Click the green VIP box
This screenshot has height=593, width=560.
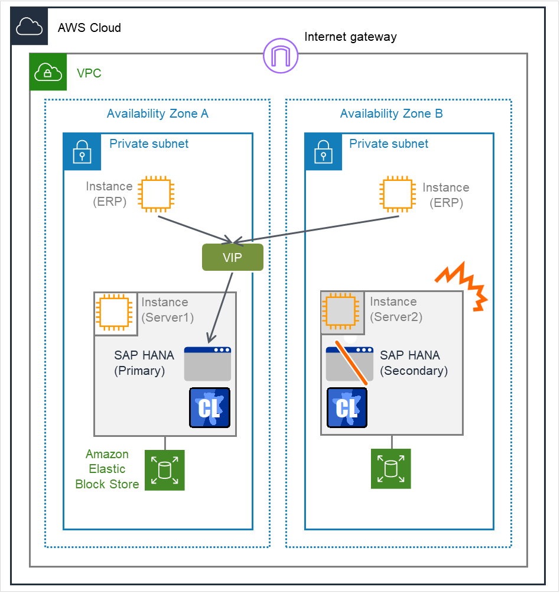232,257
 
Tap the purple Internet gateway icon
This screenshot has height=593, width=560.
281,56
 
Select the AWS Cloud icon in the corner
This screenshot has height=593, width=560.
30,27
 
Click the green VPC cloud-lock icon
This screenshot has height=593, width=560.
48,72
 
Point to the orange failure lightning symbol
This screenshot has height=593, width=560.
461,287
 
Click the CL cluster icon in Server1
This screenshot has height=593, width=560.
210,408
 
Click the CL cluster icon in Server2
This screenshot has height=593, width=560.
347,408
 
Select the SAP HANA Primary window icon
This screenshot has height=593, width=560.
207,364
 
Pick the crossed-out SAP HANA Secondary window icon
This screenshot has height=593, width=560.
350,364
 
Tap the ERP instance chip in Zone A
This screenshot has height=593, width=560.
155,195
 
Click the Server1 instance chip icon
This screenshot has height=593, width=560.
115,313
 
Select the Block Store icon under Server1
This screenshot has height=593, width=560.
165,470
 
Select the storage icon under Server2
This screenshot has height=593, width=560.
390,468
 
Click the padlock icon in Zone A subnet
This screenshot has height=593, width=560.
82,152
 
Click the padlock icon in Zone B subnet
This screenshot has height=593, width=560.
323,152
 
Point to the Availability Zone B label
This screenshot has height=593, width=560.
391,114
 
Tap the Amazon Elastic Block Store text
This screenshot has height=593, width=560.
107,469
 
